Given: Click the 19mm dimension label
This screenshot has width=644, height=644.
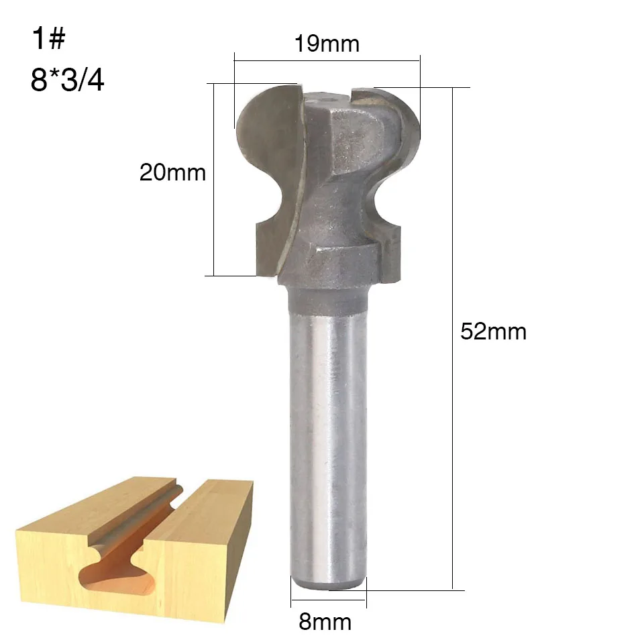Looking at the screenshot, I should click(x=327, y=44).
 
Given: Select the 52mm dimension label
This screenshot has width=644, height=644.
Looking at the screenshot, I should click(x=493, y=331).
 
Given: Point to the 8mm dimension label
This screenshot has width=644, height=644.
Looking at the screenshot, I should click(x=325, y=621).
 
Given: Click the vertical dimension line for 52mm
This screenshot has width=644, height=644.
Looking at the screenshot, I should click(x=453, y=335).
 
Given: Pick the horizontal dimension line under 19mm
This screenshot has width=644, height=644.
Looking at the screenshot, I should click(x=327, y=61).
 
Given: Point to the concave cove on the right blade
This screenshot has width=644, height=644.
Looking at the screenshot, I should click(x=382, y=201).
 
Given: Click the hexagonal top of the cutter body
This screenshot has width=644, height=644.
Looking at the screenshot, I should click(x=329, y=101).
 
